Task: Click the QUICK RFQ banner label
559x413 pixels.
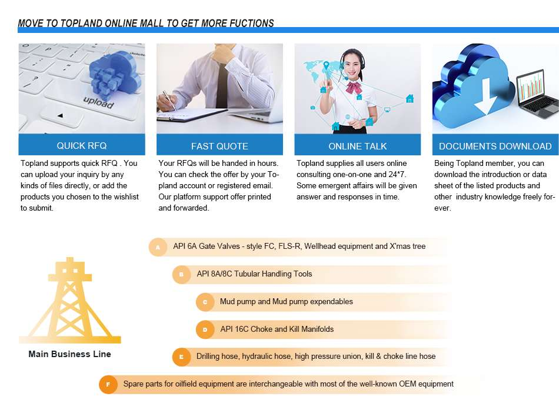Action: coord(82,145)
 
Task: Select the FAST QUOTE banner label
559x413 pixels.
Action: coord(219,146)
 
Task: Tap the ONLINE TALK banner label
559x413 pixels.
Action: coord(358,146)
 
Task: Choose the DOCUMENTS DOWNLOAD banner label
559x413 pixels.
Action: coord(495,146)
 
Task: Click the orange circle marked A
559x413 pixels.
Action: coord(158,247)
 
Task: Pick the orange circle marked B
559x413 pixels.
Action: coord(181,274)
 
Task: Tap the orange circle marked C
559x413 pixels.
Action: coord(205,302)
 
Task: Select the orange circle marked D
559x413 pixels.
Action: coord(205,329)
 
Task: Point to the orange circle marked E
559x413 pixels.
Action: coord(181,357)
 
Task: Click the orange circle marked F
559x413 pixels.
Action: coord(108,385)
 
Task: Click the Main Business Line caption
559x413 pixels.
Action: coord(69,354)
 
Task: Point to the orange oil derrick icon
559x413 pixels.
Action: coord(70,300)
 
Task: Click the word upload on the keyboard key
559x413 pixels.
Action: coord(98,102)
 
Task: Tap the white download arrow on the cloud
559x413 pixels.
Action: coord(486,96)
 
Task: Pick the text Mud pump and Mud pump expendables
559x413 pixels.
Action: coord(287,301)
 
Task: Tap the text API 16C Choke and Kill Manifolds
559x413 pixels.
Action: coord(277,329)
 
